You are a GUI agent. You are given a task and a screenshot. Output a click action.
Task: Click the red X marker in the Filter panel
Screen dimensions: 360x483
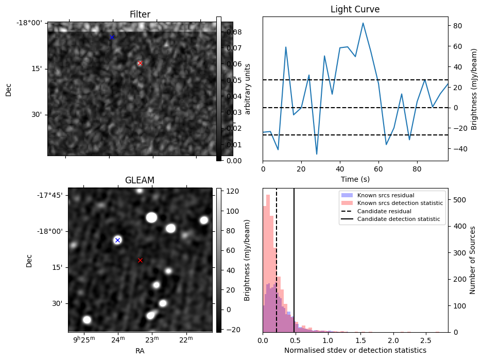coord(140,63)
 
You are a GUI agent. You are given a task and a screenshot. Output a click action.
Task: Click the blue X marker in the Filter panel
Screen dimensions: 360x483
coord(112,37)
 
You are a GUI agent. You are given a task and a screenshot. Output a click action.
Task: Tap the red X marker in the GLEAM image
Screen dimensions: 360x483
coord(140,260)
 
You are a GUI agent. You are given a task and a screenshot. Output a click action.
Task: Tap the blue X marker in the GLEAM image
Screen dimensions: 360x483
coord(117,240)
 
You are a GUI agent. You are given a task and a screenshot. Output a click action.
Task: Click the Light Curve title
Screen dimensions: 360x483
coord(355,9)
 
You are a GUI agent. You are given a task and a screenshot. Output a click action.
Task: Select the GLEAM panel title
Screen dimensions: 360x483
coord(140,180)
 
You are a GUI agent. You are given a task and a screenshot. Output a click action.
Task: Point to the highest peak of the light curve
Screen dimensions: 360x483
coord(363,23)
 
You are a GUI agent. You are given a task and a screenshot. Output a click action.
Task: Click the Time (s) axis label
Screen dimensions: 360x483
coord(355,179)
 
